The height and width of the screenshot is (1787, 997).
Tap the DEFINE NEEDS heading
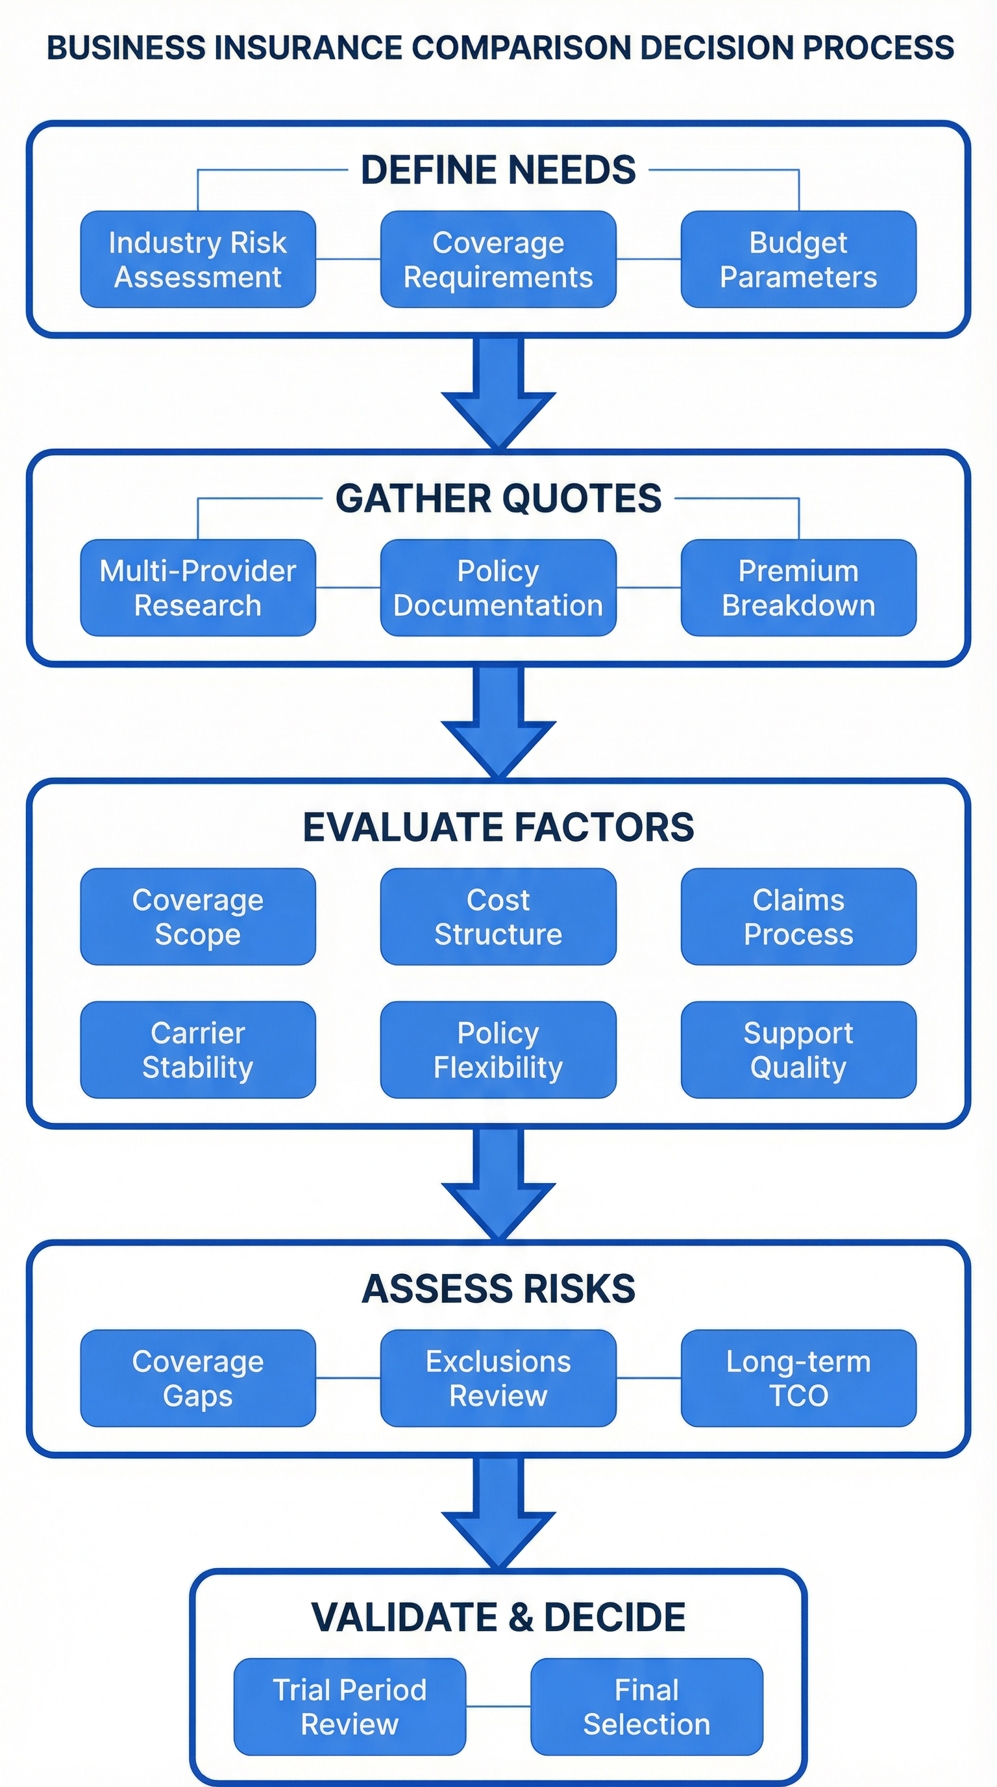click(498, 170)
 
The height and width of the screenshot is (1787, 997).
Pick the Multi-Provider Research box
click(197, 588)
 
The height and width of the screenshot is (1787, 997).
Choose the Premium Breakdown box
click(798, 588)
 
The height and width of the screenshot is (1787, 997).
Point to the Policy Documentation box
click(498, 588)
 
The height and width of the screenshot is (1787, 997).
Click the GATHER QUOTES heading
click(498, 498)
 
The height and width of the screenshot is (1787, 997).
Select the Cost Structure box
click(498, 916)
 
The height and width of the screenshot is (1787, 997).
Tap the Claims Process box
click(798, 916)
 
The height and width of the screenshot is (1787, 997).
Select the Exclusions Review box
click(498, 1378)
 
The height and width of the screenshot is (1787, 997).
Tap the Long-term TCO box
click(798, 1378)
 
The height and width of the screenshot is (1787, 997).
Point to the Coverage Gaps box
click(197, 1378)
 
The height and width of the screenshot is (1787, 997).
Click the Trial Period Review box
click(349, 1706)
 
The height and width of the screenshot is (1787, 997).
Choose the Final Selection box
click(646, 1706)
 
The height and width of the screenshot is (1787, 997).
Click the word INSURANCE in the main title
click(308, 48)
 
